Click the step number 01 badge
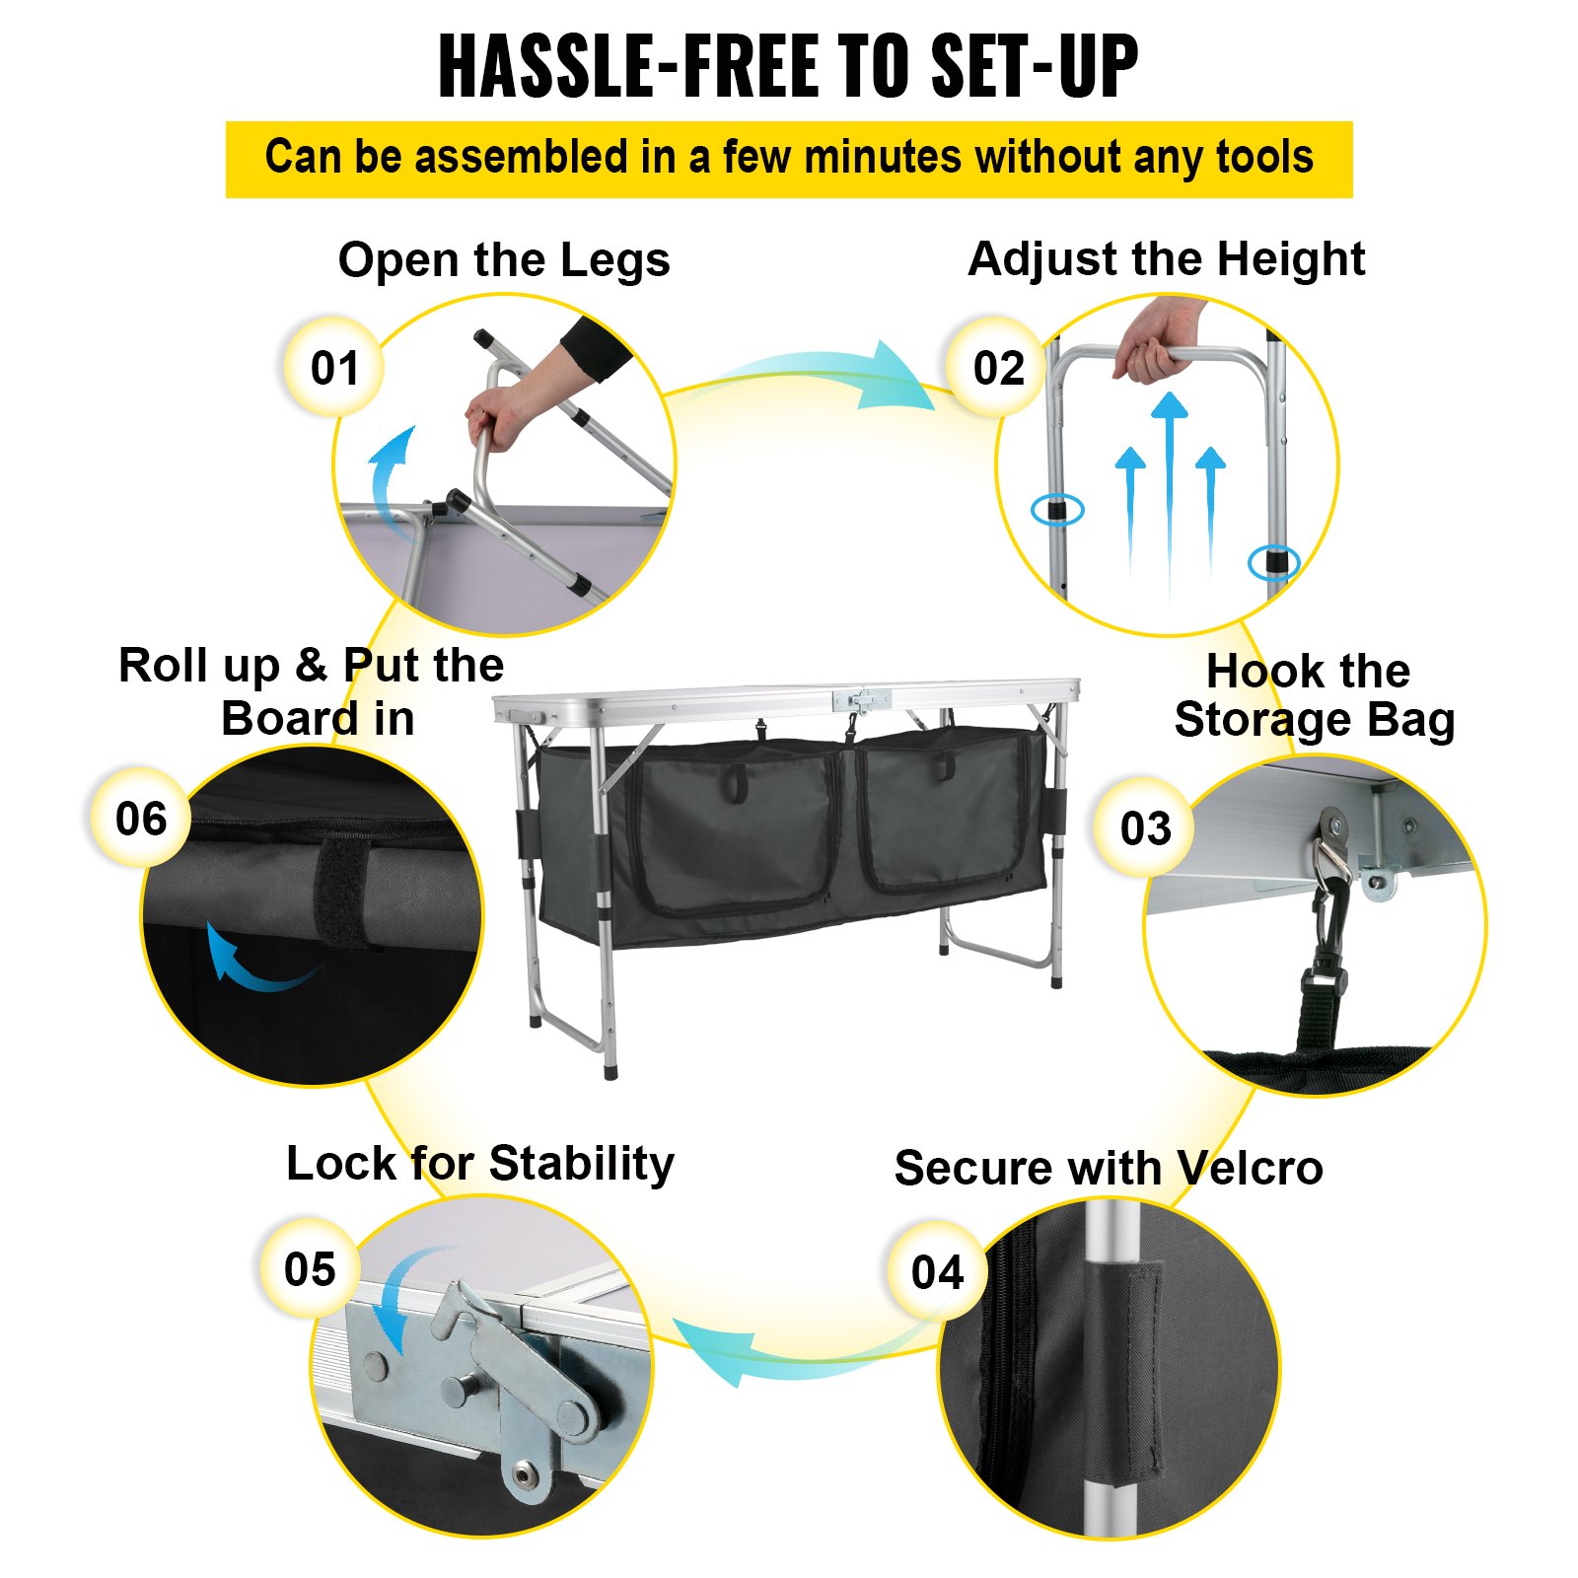click(x=334, y=367)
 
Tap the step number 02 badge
click(x=997, y=367)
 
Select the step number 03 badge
click(x=1144, y=827)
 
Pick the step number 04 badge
click(x=936, y=1271)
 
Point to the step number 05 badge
click(x=310, y=1268)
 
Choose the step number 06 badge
click(x=141, y=818)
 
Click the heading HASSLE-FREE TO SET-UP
click(x=788, y=66)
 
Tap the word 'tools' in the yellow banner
click(x=1263, y=158)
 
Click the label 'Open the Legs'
click(x=504, y=260)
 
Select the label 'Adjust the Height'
click(x=1167, y=259)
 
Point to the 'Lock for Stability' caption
click(x=480, y=1164)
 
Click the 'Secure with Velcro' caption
click(x=1109, y=1168)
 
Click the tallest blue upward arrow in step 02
click(x=1170, y=493)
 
